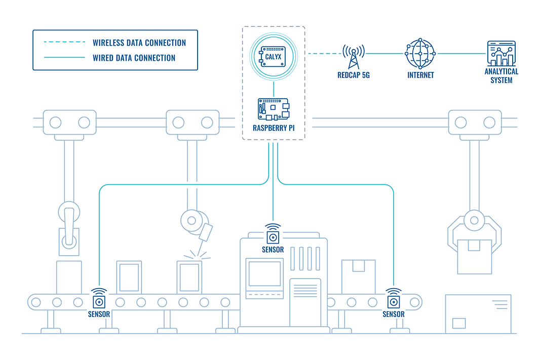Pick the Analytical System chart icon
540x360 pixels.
(500, 54)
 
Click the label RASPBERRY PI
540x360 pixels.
(274, 128)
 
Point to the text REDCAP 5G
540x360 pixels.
(353, 75)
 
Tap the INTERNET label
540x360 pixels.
(420, 75)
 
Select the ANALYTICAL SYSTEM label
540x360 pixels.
(501, 76)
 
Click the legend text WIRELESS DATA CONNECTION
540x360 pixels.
(139, 43)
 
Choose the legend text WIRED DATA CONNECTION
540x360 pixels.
(134, 58)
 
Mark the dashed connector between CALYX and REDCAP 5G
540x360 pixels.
(324, 53)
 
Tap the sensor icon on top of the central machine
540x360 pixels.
(273, 236)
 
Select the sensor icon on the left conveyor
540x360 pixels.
(99, 301)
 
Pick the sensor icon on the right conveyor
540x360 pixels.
(393, 301)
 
